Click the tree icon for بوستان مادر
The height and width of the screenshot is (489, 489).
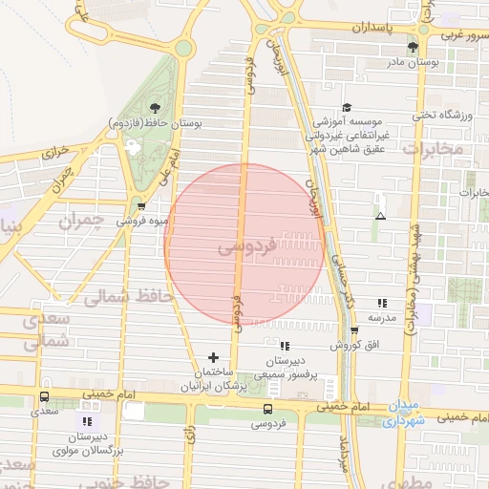click(413, 47)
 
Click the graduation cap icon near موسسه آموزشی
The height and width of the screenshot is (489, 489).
click(347, 108)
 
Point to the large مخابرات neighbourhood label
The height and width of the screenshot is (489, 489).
click(432, 149)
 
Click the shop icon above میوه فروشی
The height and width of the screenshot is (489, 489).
click(142, 206)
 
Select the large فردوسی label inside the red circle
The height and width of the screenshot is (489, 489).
click(246, 246)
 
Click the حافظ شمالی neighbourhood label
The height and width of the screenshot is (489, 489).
click(126, 297)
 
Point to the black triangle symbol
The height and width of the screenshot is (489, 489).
click(380, 216)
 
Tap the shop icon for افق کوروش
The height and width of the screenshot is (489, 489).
click(354, 330)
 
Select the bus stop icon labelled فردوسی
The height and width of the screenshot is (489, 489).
click(267, 409)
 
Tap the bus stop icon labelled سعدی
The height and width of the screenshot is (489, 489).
click(44, 397)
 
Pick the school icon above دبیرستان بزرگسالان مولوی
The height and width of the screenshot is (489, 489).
click(88, 420)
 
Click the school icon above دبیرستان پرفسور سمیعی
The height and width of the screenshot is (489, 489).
click(284, 346)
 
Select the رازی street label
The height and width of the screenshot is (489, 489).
click(190, 436)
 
